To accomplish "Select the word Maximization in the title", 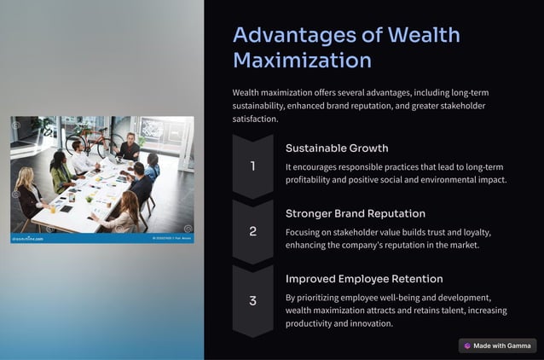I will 302,61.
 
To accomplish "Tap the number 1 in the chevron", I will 252,166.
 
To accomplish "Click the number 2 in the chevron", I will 252,231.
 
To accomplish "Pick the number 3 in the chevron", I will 252,300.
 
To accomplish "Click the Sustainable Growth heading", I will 337,148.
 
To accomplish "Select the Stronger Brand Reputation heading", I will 355,213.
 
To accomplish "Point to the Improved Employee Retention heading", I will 364,279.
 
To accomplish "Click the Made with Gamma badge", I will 498,345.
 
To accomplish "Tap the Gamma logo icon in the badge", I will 467,345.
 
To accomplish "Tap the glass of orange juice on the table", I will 54,207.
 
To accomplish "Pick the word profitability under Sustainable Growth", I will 315,179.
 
